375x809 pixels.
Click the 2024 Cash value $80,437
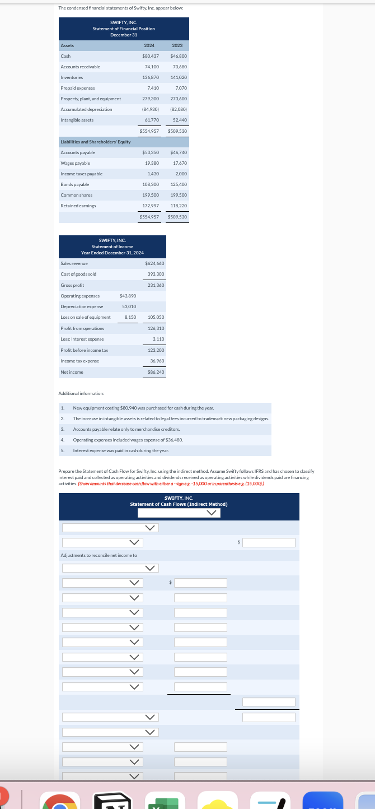click(151, 57)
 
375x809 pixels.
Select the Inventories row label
click(72, 77)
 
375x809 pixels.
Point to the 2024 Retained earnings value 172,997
click(151, 206)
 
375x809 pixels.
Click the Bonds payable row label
click(74, 184)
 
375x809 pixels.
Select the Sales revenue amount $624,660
click(154, 263)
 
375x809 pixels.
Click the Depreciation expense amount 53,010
click(129, 306)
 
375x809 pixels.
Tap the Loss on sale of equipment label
click(85, 317)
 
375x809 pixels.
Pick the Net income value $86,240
click(155, 371)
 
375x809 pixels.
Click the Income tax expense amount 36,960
click(157, 361)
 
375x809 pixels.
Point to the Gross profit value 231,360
click(155, 285)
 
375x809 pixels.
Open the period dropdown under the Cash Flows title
click(179, 513)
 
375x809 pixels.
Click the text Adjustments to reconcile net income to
click(99, 555)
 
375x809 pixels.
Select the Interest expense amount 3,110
click(158, 339)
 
